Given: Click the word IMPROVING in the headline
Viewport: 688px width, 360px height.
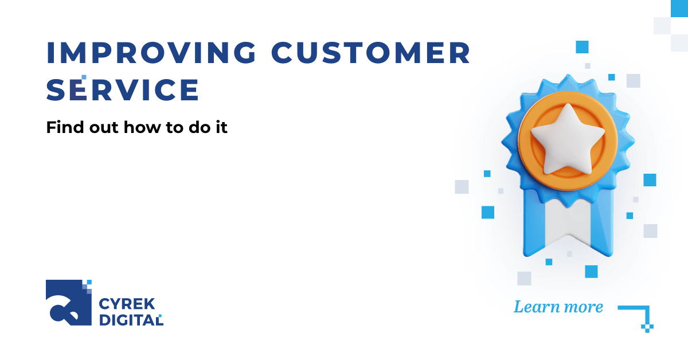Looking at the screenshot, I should (151, 53).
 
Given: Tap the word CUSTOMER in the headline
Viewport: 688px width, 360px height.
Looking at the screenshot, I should (371, 53).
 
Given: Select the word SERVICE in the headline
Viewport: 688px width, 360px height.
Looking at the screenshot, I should (123, 91).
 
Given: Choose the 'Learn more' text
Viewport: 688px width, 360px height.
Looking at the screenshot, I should (558, 307).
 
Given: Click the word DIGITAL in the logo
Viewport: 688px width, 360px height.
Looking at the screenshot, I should (131, 320).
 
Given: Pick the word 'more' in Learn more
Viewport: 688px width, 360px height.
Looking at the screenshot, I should (581, 307).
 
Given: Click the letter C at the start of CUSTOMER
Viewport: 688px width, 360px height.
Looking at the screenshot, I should (284, 53).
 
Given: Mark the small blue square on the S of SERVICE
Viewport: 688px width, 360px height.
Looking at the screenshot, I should (84, 77).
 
